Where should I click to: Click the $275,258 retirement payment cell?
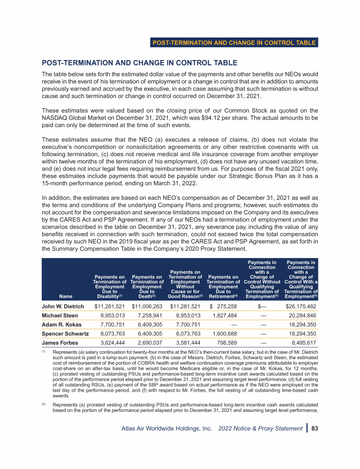tap(223, 306)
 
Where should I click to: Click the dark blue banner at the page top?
tap(234, 43)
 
